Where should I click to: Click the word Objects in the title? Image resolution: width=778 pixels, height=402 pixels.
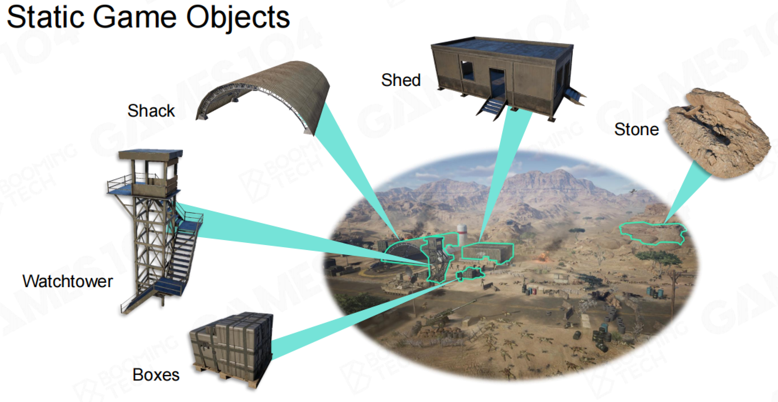(238, 18)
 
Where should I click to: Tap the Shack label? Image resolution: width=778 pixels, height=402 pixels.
(151, 111)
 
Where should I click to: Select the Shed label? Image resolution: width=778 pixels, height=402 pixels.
(401, 80)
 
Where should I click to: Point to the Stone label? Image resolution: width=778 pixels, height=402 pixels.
(637, 129)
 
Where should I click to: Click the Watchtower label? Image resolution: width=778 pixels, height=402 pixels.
(68, 281)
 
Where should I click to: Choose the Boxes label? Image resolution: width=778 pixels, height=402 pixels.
(156, 375)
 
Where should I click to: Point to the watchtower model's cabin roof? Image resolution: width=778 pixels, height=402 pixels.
(150, 154)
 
